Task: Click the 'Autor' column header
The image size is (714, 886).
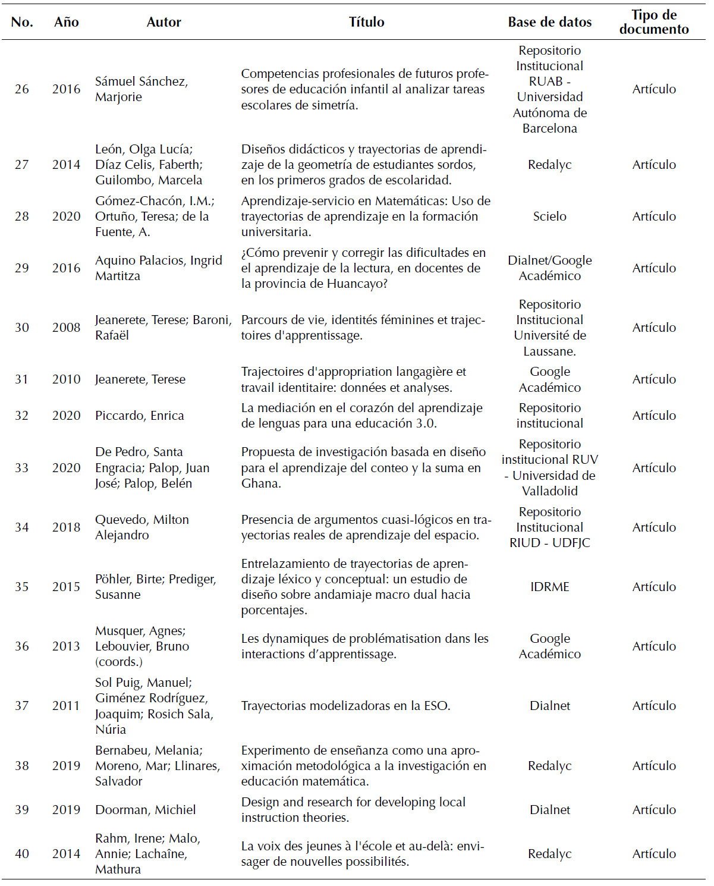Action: tap(163, 22)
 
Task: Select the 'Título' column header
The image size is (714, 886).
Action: tap(366, 22)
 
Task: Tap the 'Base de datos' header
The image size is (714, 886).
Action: tap(549, 22)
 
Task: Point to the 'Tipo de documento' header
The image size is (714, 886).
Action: tap(654, 22)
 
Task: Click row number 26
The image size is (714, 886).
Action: tap(22, 89)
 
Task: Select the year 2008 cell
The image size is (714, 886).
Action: tap(66, 328)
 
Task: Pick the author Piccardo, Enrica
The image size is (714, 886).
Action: tap(140, 416)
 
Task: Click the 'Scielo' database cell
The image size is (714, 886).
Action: tap(549, 216)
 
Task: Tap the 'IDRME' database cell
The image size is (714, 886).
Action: tap(549, 587)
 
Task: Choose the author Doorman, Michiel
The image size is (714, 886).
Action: tap(146, 810)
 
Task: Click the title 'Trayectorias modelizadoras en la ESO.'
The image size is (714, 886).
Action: tap(345, 706)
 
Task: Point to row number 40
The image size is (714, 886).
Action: tap(22, 854)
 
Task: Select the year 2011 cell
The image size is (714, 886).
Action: tap(66, 706)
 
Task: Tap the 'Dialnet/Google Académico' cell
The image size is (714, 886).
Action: tap(549, 268)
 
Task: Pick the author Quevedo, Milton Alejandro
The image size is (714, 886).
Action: tap(142, 527)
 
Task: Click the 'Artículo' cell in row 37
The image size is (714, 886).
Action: tap(654, 706)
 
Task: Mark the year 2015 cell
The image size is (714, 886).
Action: tap(66, 587)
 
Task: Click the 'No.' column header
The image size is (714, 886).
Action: tap(22, 22)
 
